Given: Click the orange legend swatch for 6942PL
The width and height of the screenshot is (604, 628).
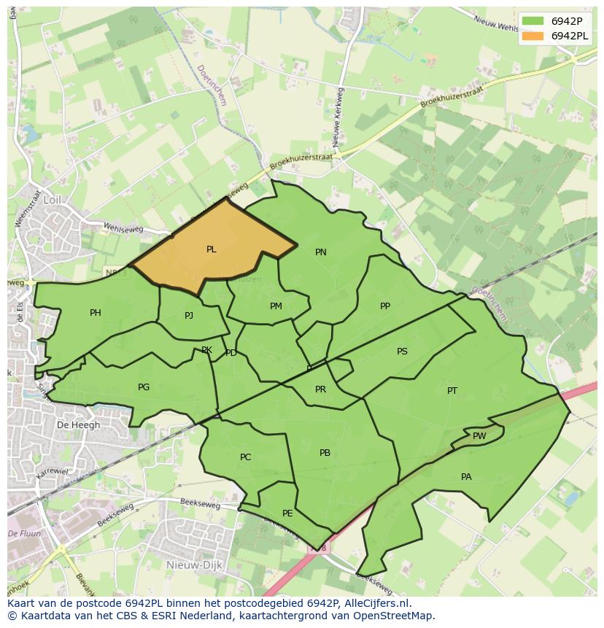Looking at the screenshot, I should (533, 36).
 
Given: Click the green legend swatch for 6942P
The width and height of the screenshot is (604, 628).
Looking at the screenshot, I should (533, 21).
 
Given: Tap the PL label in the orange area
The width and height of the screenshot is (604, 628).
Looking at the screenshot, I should (211, 249).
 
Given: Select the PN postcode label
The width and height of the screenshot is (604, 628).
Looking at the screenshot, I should (320, 252).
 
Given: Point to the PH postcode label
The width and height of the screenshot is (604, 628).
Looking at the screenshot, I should (96, 313).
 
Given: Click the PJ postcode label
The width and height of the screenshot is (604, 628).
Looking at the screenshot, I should (189, 316).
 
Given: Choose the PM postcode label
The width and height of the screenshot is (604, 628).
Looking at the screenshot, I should (276, 306).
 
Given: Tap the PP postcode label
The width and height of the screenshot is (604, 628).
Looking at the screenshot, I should (385, 306).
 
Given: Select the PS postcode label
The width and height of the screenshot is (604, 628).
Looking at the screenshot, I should (402, 352).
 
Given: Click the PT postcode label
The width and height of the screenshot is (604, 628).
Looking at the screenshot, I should (452, 391).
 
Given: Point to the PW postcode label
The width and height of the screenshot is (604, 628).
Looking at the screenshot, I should (479, 436).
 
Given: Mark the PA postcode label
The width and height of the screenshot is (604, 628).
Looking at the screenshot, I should (466, 477).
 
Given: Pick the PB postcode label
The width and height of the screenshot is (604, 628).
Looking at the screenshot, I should (325, 453).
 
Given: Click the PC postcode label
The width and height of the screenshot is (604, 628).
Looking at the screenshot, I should (245, 457).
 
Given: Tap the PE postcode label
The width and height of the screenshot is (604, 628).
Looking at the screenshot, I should (287, 513).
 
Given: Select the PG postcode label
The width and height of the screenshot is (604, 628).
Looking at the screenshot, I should (144, 387).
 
